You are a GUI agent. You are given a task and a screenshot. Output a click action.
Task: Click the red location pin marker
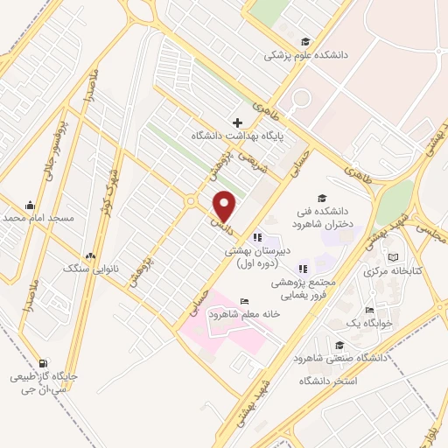[225, 206]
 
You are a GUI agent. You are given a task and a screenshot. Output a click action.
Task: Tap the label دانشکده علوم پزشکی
[308, 54]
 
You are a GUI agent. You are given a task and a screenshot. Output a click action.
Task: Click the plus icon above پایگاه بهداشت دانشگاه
[237, 122]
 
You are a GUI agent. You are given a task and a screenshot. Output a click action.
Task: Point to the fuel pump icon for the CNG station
[43, 363]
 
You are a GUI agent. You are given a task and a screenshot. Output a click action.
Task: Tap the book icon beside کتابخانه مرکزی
[395, 258]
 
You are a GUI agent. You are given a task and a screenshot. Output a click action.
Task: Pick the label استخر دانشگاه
[329, 381]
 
